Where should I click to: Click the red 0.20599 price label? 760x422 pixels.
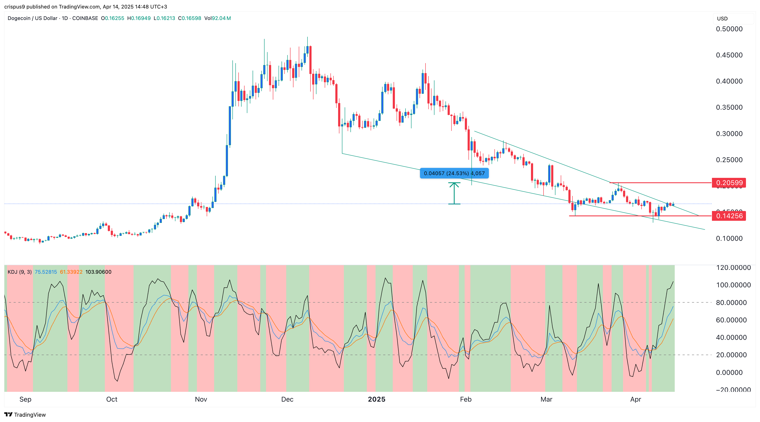(x=729, y=183)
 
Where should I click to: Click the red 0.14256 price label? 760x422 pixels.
(x=729, y=216)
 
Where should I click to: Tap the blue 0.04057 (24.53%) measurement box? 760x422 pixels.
(x=454, y=173)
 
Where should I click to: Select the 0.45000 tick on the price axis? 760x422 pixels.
(x=729, y=55)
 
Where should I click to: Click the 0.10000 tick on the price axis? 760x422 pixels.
(x=729, y=238)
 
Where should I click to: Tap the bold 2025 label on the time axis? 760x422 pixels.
(x=376, y=399)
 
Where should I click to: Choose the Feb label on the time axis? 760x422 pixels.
(x=465, y=399)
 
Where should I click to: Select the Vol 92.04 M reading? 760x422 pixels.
(x=218, y=18)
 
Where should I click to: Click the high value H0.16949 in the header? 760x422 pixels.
(x=139, y=18)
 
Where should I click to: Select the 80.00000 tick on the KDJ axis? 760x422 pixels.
(x=731, y=303)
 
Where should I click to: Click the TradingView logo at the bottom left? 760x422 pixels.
(x=25, y=415)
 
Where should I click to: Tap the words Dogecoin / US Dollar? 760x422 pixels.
(x=33, y=18)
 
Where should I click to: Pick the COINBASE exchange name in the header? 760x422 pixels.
(x=85, y=18)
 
